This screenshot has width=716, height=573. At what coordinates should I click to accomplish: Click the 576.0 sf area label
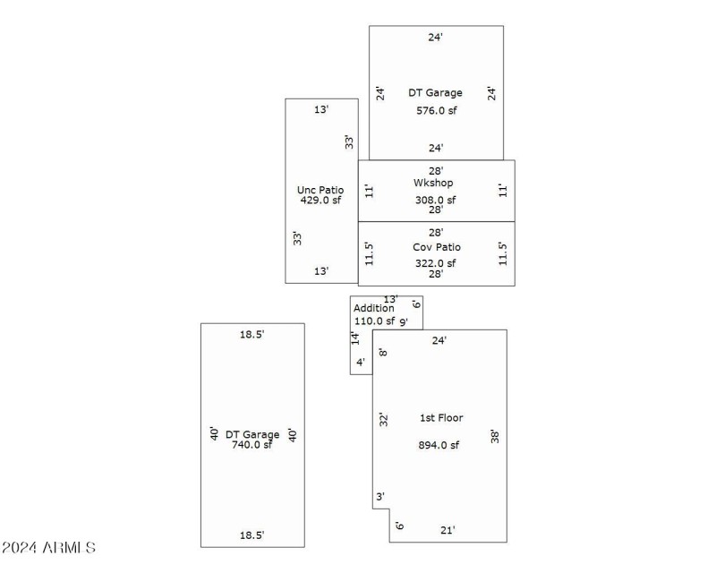pyautogui.click(x=436, y=111)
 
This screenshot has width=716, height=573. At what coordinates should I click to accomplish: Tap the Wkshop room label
pyautogui.click(x=433, y=183)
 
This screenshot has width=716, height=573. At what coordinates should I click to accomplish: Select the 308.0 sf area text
pyautogui.click(x=436, y=200)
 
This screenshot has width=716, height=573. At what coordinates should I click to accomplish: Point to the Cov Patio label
pyautogui.click(x=436, y=246)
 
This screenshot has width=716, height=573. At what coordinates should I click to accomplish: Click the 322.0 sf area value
pyautogui.click(x=436, y=263)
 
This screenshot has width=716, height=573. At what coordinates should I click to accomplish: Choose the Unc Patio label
pyautogui.click(x=320, y=190)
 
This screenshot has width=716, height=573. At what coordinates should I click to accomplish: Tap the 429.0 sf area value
pyautogui.click(x=320, y=201)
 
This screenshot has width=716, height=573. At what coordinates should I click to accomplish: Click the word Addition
pyautogui.click(x=373, y=308)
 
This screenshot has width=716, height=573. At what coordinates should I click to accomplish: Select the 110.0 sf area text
pyautogui.click(x=374, y=321)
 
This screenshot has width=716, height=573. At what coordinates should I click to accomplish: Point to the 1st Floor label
pyautogui.click(x=441, y=417)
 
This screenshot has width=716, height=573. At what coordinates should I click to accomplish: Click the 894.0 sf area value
pyautogui.click(x=439, y=445)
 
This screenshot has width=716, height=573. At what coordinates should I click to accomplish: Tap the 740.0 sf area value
pyautogui.click(x=252, y=445)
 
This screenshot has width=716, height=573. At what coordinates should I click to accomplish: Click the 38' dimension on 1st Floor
pyautogui.click(x=494, y=437)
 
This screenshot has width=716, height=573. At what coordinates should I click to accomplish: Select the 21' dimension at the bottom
pyautogui.click(x=447, y=530)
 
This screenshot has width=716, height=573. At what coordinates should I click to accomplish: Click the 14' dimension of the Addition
pyautogui.click(x=355, y=338)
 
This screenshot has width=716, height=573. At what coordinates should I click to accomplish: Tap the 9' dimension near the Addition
pyautogui.click(x=404, y=321)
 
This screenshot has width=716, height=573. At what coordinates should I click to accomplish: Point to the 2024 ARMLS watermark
pyautogui.click(x=49, y=547)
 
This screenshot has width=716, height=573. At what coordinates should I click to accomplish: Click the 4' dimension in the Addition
pyautogui.click(x=361, y=363)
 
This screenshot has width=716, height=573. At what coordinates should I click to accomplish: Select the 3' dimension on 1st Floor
pyautogui.click(x=379, y=496)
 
